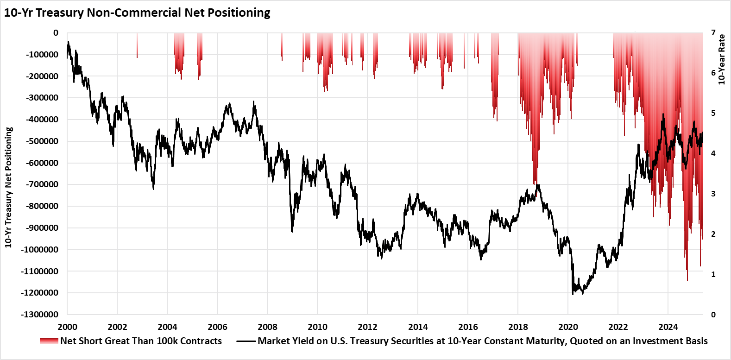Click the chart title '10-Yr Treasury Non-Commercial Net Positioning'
pos(137,13)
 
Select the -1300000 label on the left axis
pos(39,315)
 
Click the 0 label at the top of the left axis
pos(56,33)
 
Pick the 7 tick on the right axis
pos(713,33)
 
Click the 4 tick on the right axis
pos(713,153)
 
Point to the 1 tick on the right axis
pos(713,274)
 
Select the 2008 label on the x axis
pos(267,327)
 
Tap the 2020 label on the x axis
pos(568,327)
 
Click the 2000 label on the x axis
pos(67,327)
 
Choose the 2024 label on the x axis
pos(668,327)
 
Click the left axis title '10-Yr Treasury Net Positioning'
pos(8,187)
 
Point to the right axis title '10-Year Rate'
pos(722,59)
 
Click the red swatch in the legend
pos(49,341)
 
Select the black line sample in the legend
pos(246,341)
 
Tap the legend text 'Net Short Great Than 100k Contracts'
pos(141,341)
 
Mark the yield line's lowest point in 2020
pos(573,294)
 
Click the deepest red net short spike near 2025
pos(687,280)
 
